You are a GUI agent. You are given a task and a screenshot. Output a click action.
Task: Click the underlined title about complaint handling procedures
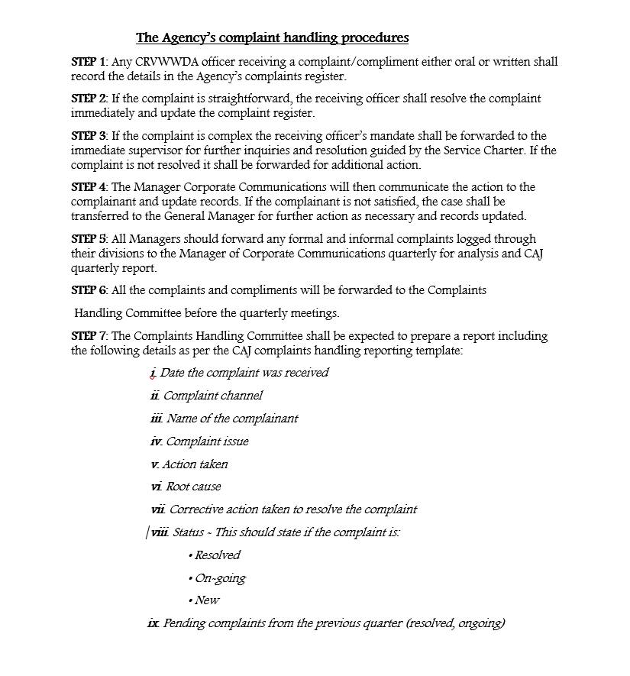point(272,37)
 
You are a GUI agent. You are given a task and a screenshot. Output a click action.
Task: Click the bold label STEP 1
point(89,62)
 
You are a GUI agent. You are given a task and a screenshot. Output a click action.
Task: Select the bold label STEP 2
point(89,99)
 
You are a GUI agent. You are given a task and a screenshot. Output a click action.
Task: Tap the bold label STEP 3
point(89,136)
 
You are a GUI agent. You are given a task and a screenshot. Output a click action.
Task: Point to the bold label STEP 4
point(89,187)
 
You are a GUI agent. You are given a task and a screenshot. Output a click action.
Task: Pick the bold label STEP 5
point(89,239)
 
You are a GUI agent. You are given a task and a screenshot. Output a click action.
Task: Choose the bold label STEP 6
point(89,290)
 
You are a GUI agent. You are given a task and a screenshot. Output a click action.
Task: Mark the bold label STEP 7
point(89,336)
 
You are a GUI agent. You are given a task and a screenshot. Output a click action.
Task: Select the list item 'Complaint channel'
point(212,396)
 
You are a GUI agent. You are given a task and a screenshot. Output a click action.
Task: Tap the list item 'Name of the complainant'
point(232,419)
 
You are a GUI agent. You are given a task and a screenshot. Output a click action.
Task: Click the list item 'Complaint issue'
point(207,442)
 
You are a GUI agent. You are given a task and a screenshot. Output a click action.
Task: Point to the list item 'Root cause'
point(193,487)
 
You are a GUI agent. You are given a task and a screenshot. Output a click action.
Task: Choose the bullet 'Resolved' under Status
point(217,555)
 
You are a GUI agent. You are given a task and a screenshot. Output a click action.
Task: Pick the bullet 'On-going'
point(220,578)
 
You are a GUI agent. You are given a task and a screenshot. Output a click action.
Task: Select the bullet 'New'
point(207,600)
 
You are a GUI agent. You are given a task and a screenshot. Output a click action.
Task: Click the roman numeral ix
point(153,623)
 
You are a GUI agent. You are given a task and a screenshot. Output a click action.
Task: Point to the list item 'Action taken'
point(195,464)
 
